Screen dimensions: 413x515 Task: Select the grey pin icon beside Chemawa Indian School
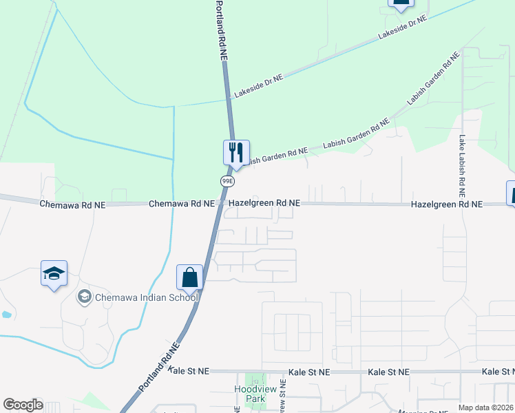(x=85, y=297)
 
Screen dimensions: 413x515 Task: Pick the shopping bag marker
(x=189, y=278)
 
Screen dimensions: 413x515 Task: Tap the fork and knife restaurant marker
(x=236, y=152)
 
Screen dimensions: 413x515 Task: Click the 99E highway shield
(x=228, y=181)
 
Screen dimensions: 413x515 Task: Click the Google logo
(x=23, y=405)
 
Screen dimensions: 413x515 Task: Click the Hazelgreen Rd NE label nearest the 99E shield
(x=264, y=203)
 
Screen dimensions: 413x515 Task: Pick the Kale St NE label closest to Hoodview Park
(x=310, y=372)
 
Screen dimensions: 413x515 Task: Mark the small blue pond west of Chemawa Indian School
(x=6, y=315)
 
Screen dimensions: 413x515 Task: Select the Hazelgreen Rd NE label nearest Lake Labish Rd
(x=446, y=204)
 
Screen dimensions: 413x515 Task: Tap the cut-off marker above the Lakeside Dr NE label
(x=401, y=4)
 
